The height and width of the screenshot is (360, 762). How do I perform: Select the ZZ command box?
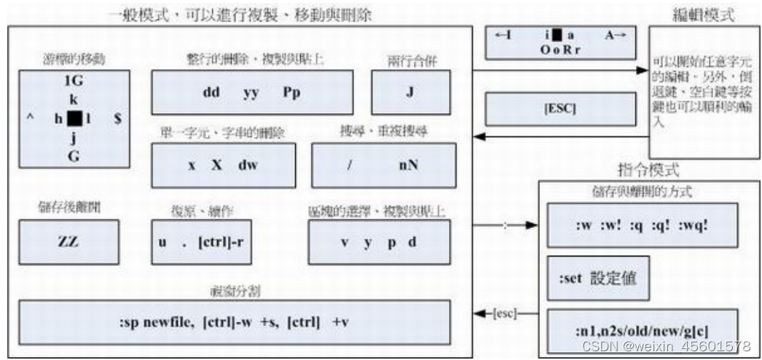67,240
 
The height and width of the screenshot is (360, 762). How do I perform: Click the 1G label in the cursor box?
73,82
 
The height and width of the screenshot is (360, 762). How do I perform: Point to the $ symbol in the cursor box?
117,119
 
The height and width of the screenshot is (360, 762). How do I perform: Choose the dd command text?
211,93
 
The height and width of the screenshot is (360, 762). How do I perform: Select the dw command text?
247,164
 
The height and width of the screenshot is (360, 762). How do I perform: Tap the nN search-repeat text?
408,164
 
